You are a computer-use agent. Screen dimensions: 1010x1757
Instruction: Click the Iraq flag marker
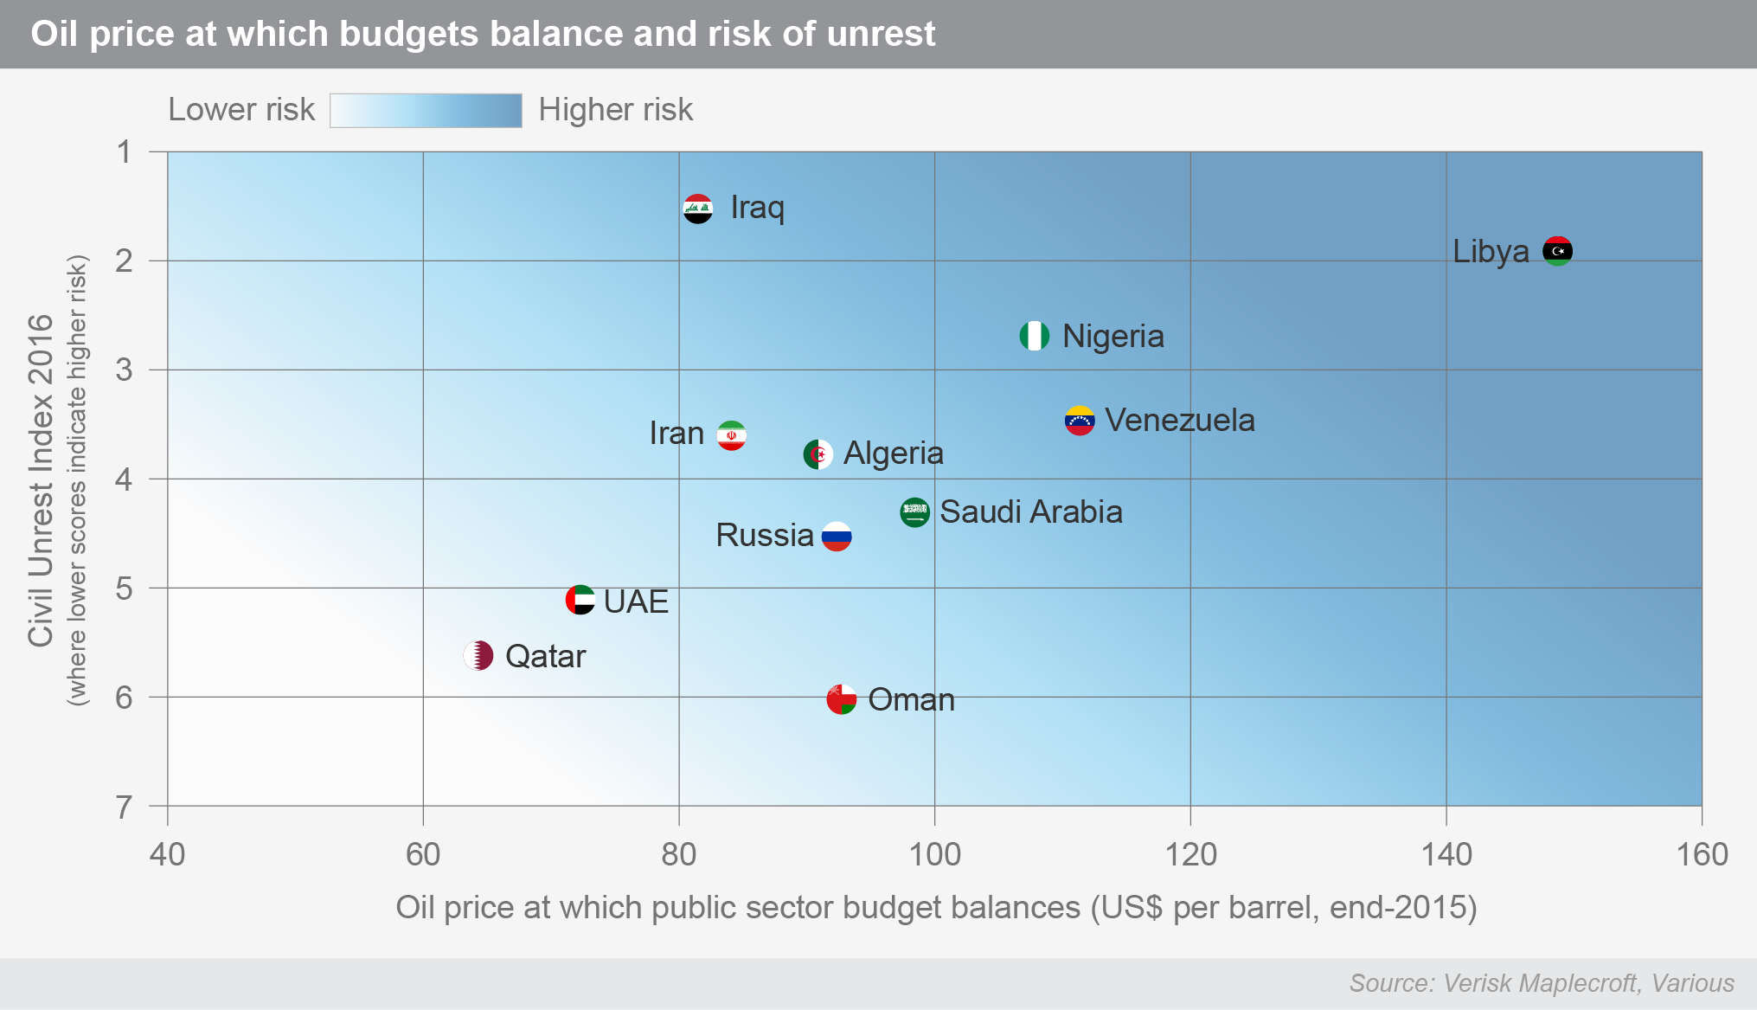697,209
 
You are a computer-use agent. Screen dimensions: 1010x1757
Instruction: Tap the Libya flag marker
1557,251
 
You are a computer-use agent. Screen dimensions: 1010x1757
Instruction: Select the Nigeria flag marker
1034,336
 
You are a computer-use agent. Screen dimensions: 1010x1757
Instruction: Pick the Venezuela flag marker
1079,421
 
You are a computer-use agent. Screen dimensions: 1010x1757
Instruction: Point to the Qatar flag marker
478,655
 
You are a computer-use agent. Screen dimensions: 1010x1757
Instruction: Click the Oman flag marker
841,698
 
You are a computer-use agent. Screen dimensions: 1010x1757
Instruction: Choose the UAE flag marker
580,600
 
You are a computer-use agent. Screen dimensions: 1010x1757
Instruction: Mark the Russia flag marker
837,536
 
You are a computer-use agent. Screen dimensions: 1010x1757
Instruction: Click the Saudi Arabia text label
1031,511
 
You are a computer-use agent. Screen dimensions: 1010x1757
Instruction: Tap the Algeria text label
893,454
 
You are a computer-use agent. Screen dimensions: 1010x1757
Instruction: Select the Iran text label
677,434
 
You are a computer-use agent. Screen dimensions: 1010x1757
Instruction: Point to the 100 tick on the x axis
934,854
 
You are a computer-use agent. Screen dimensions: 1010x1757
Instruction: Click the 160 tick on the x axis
1702,854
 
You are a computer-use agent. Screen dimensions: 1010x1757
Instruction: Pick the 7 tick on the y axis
125,807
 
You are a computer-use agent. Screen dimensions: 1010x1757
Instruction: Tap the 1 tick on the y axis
125,152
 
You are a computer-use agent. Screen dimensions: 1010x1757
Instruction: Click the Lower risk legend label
241,110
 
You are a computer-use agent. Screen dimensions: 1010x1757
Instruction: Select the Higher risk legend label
615,110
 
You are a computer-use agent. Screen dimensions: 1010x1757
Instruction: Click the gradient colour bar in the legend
426,111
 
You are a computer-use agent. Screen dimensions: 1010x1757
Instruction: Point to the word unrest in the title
880,34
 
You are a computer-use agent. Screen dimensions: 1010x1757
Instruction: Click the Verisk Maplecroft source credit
1541,983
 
